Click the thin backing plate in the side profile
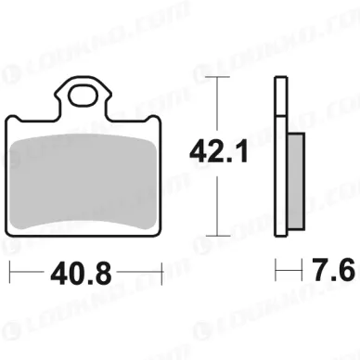pyautogui.click(x=279, y=158)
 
